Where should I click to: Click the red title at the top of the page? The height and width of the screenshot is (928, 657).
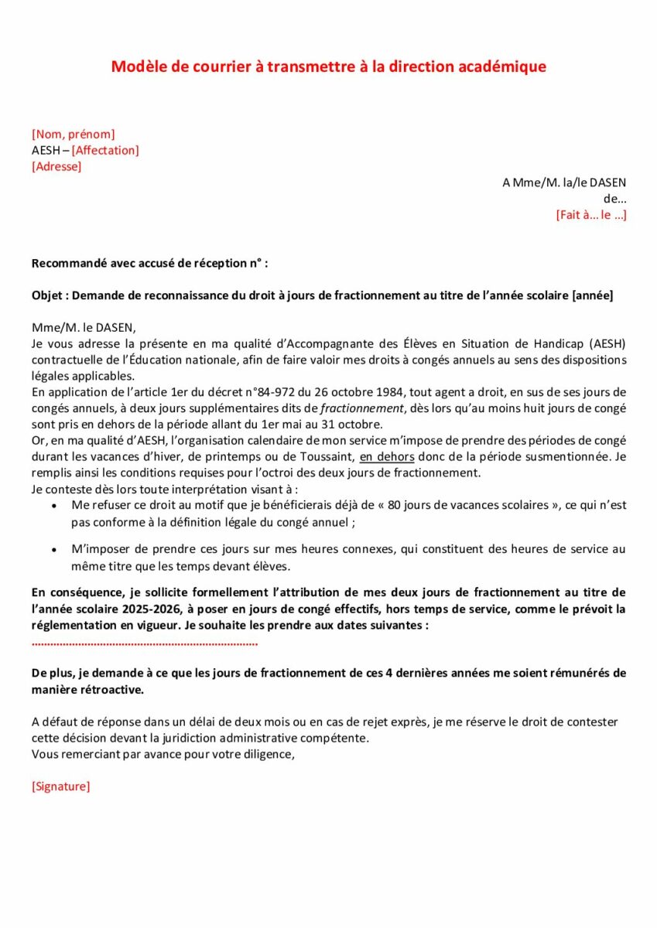click(x=328, y=67)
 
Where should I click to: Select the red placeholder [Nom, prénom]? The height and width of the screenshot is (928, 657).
click(x=74, y=135)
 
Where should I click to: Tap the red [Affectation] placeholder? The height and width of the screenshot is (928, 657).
click(x=105, y=151)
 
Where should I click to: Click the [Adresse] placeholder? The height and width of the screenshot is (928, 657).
click(x=56, y=166)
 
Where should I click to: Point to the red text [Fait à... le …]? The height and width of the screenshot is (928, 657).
click(x=591, y=214)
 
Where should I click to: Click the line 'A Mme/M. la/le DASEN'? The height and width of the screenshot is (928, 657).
click(x=564, y=183)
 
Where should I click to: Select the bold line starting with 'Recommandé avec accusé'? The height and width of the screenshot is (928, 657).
click(x=149, y=263)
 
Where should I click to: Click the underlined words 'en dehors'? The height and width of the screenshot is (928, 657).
click(x=387, y=456)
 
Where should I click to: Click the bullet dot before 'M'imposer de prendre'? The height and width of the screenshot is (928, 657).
click(x=53, y=550)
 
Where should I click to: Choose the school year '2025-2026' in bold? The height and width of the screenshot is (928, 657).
click(x=128, y=609)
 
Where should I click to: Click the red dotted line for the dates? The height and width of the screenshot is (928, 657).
click(x=145, y=642)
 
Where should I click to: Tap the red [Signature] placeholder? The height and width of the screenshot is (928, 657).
click(x=61, y=786)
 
